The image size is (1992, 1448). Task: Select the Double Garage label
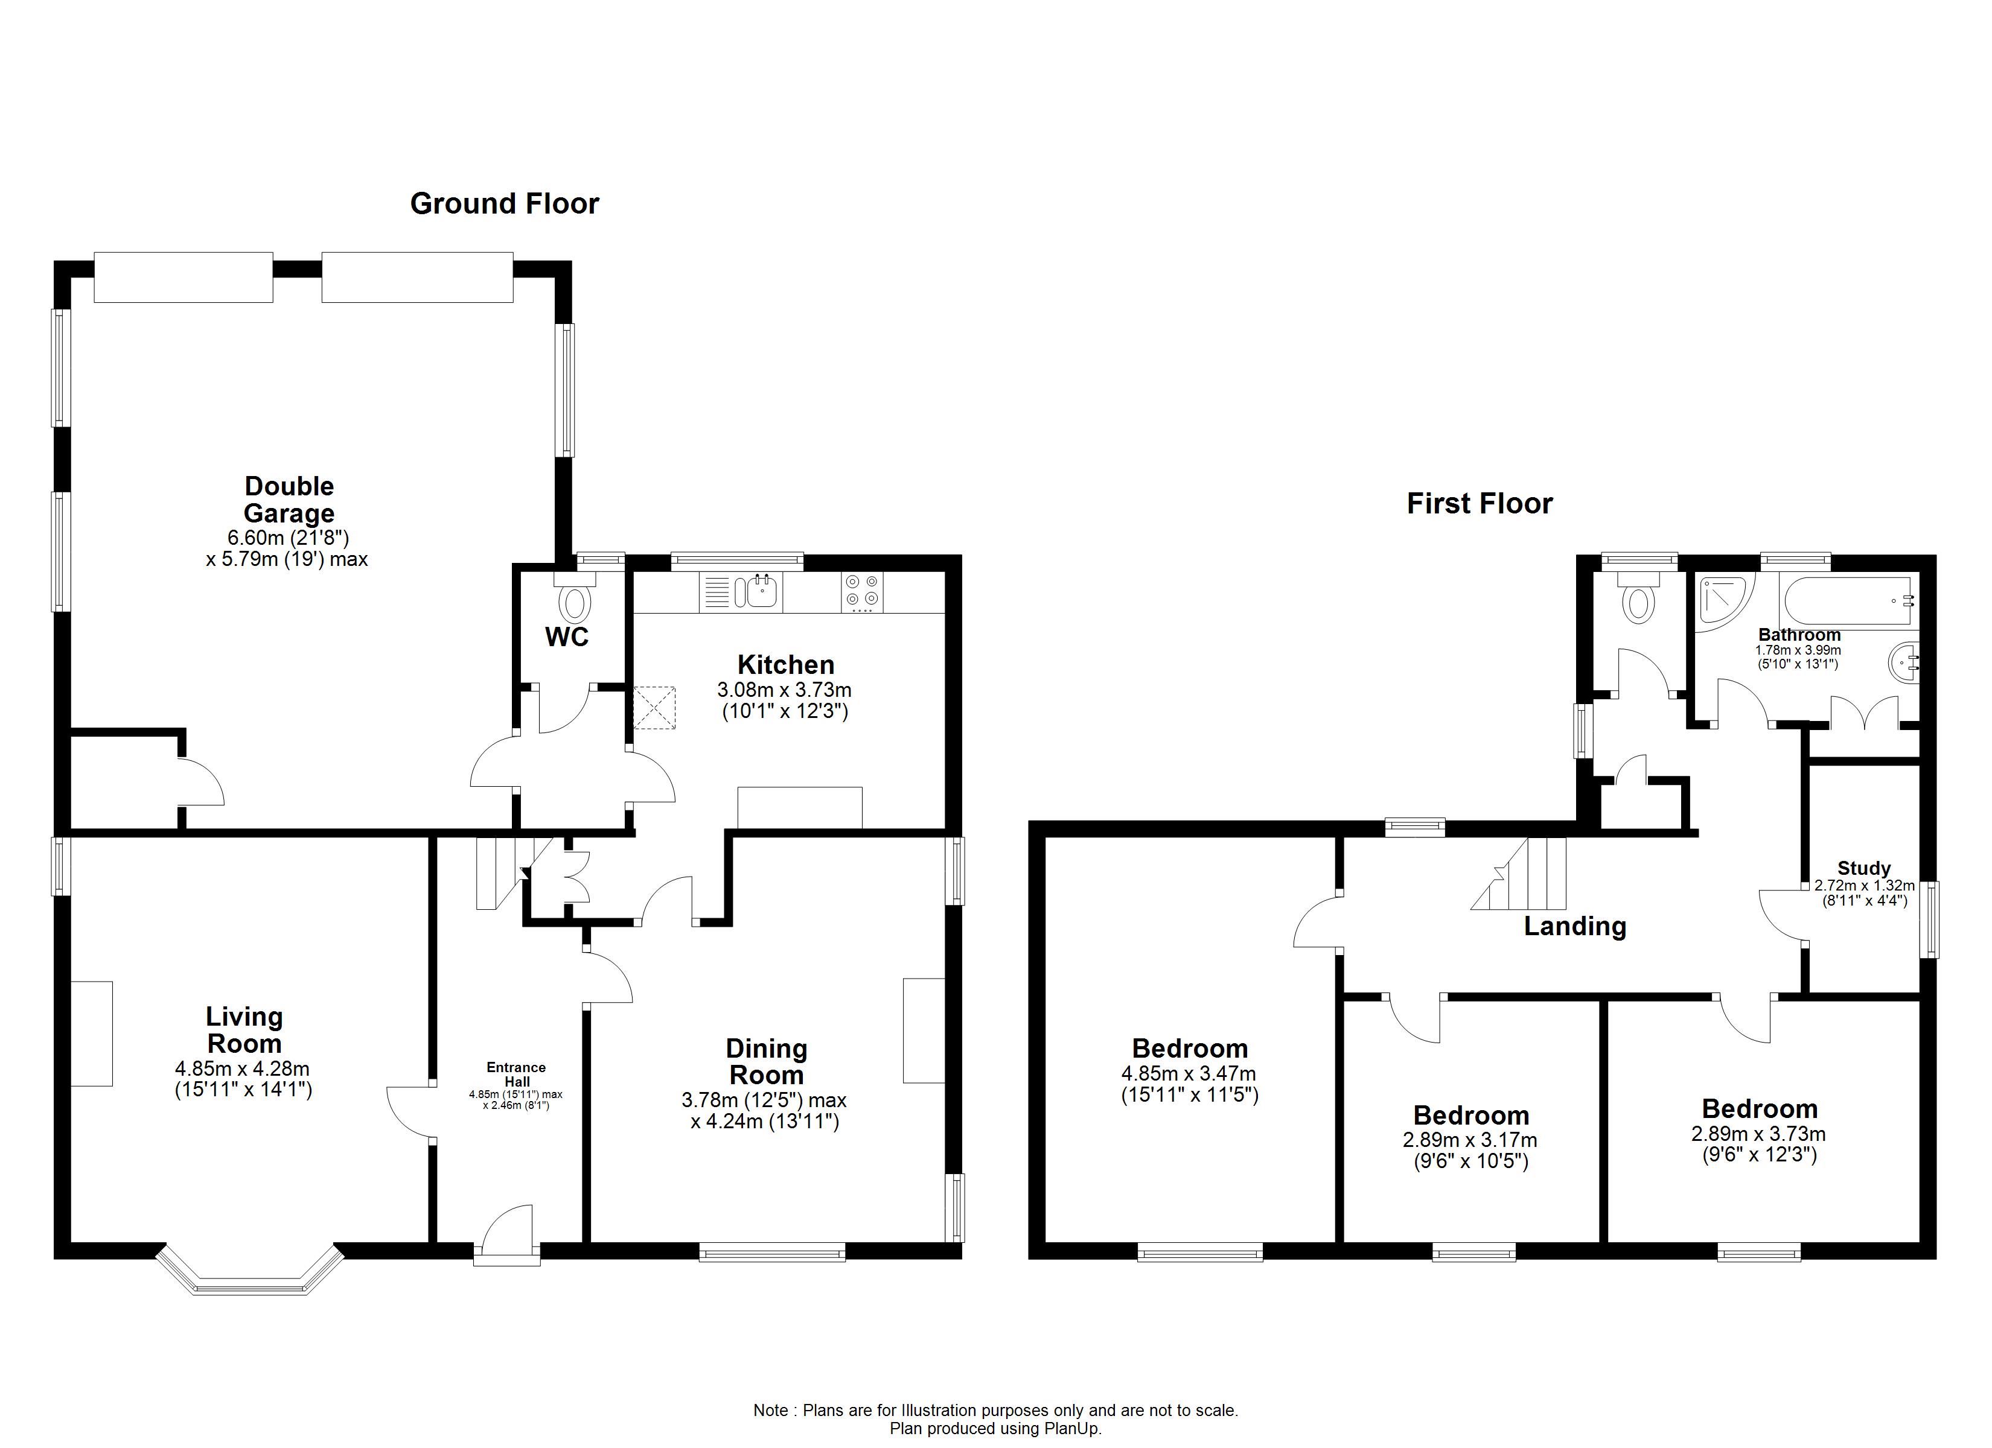pos(289,500)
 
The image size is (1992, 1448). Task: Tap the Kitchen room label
pos(785,665)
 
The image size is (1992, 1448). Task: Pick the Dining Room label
pos(766,1062)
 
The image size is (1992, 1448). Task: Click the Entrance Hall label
pos(517,1075)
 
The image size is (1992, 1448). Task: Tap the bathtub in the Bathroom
pos(1850,601)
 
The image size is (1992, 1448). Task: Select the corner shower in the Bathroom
pos(1723,601)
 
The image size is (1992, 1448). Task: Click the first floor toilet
pos(1639,597)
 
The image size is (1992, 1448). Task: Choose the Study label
pos(1864,868)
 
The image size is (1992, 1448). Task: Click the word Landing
pos(1575,926)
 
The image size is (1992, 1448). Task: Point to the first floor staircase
pos(1519,874)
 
